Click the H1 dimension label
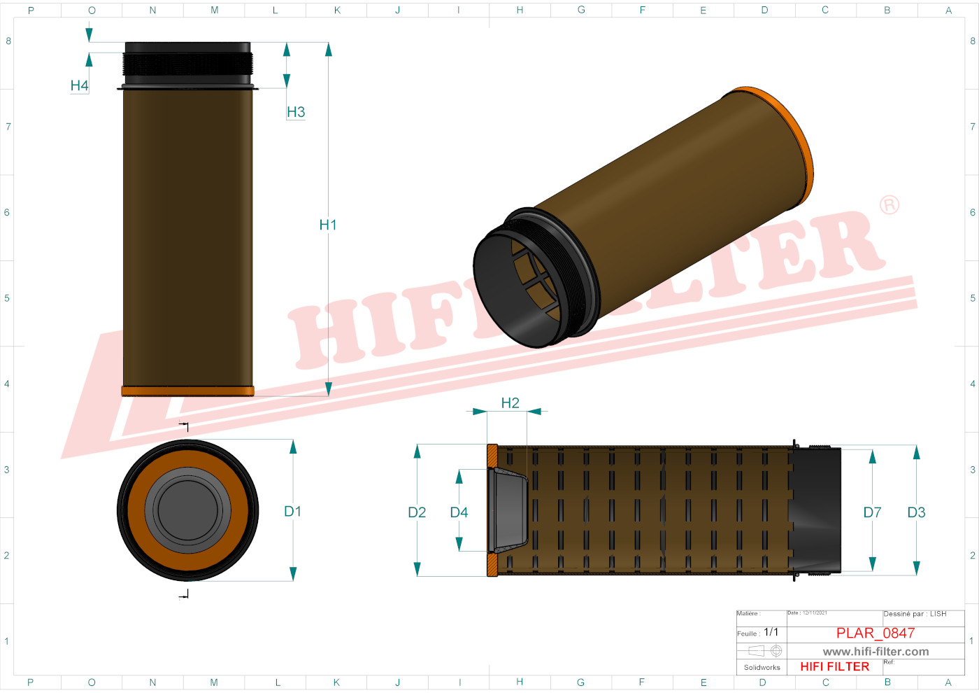[x=327, y=225]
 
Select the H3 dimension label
[x=296, y=112]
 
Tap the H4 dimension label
[x=79, y=85]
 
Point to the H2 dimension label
[x=510, y=403]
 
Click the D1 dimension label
[x=292, y=512]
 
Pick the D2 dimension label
[x=417, y=512]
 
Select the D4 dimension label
[x=459, y=512]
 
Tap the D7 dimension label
[x=872, y=512]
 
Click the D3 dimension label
[x=916, y=512]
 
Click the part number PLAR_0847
[x=876, y=633]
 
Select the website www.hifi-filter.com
[x=876, y=651]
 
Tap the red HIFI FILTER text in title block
[x=834, y=666]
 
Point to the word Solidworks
[x=762, y=667]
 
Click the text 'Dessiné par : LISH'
[x=915, y=614]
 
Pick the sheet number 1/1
[x=771, y=632]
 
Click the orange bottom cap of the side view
[x=187, y=391]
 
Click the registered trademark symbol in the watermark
[x=889, y=205]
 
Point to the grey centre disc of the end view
[x=187, y=510]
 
